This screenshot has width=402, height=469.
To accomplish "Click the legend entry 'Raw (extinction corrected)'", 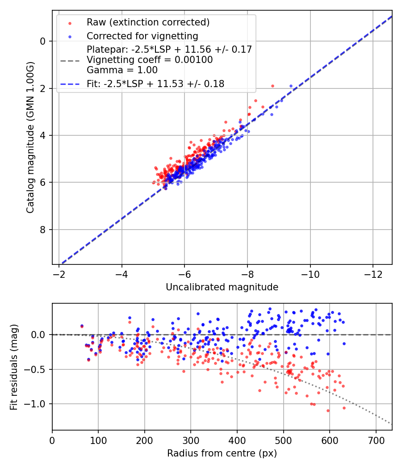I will click(x=148, y=22).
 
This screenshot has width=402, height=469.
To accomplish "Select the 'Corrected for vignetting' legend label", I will click(x=142, y=36).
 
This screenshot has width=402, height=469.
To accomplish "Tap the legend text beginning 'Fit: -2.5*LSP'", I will click(x=155, y=84).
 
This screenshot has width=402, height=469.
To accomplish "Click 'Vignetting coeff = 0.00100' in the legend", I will click(x=150, y=59).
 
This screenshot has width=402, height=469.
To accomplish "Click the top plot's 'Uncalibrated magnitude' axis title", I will click(x=222, y=287).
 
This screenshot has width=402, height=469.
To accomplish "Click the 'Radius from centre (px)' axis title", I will click(x=222, y=453).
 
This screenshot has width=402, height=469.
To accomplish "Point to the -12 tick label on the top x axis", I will click(x=373, y=274).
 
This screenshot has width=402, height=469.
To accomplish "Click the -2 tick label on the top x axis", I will click(x=59, y=274).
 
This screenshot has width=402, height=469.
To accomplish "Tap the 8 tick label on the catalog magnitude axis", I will click(x=43, y=230).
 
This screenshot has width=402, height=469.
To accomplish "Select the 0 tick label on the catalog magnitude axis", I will click(x=43, y=41).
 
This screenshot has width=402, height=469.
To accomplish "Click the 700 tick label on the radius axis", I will click(x=376, y=440).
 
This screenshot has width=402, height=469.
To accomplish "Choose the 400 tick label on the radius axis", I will click(x=237, y=440).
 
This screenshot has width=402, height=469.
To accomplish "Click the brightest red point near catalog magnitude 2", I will click(x=272, y=86).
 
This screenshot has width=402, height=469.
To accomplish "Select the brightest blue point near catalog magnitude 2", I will click(x=291, y=86).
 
